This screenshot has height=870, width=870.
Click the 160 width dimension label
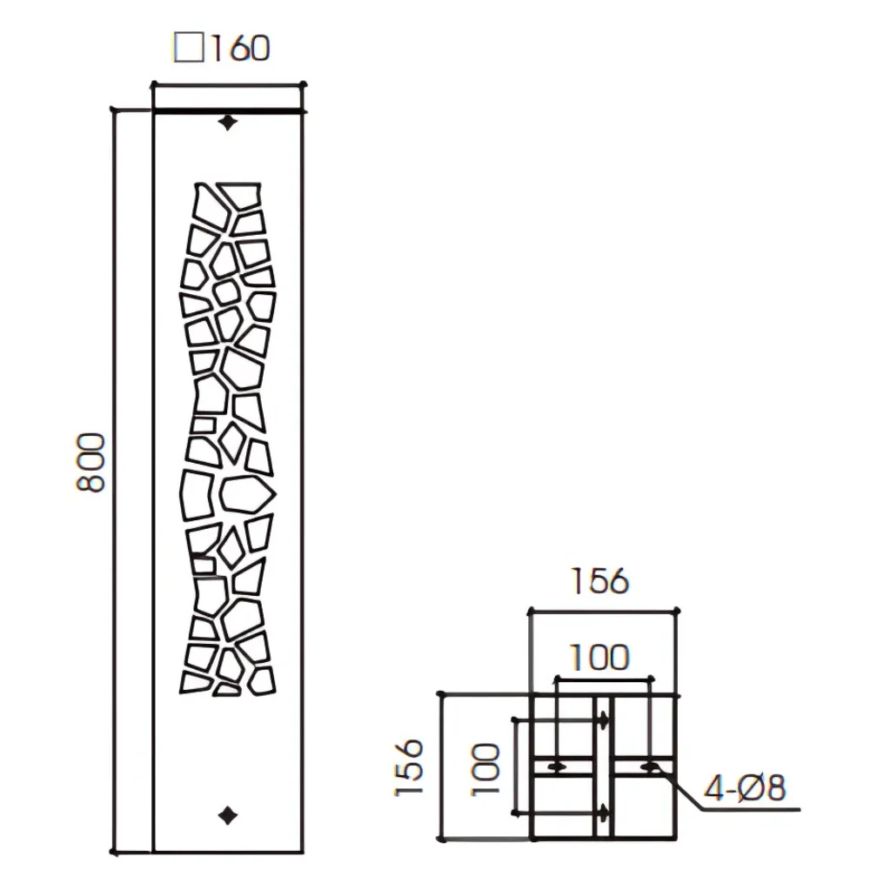[x=241, y=48]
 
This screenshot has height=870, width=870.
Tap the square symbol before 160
[x=189, y=47]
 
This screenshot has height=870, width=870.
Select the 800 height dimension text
[x=90, y=462]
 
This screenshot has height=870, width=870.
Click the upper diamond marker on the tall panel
[x=227, y=123]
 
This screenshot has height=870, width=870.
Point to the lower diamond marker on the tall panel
[x=227, y=816]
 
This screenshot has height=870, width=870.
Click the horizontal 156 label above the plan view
[x=599, y=581]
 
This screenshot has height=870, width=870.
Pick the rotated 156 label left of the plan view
[x=409, y=767]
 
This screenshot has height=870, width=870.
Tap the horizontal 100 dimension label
[x=599, y=658]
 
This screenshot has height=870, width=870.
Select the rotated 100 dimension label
[x=486, y=770]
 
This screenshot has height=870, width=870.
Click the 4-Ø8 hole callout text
[x=745, y=787]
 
